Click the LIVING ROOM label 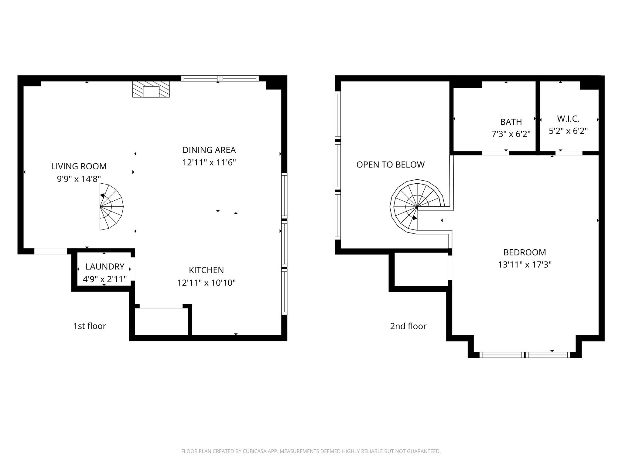click(79, 166)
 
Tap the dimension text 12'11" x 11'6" click(209, 163)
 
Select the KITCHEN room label click(206, 270)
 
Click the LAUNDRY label click(105, 267)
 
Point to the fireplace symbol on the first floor click(151, 89)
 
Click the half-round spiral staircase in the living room click(111, 206)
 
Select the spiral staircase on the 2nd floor click(416, 207)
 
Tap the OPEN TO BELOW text click(390, 164)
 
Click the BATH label click(511, 122)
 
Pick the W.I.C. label click(568, 119)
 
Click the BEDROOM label click(525, 252)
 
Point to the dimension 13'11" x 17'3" click(525, 265)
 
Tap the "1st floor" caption click(90, 326)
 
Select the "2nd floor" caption click(408, 326)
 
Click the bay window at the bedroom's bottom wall click(525, 355)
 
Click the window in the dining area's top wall click(220, 78)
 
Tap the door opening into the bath click(495, 153)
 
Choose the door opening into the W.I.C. click(569, 153)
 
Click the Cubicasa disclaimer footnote click(311, 451)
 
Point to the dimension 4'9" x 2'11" click(105, 279)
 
